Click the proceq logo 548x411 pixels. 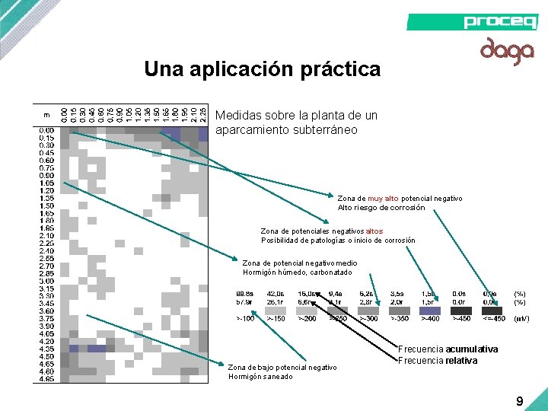click(500, 21)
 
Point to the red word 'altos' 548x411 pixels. click(374, 231)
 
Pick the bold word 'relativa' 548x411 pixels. click(461, 361)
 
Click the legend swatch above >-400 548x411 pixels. click(430, 310)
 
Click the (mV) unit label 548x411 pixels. click(521, 319)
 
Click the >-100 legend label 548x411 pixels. click(245, 319)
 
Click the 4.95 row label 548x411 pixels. click(47, 378)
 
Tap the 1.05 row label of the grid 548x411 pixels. click(47, 183)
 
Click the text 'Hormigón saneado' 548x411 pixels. click(260, 377)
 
